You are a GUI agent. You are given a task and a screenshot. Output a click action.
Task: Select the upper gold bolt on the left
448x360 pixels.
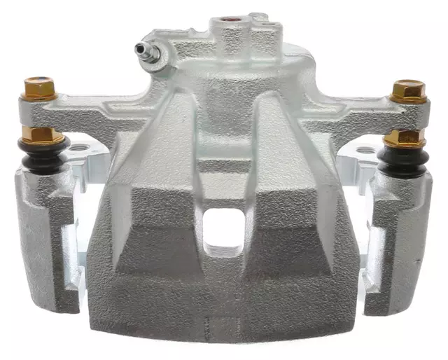pos(40,89)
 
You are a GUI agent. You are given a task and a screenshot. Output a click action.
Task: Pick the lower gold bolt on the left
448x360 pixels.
pos(41,134)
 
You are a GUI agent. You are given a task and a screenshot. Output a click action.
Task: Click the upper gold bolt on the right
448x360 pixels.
pos(407,91)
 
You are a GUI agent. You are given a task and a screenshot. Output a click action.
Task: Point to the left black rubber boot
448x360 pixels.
pos(44,155)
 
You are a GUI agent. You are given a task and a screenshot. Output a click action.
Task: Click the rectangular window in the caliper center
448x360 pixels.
pos(224,231)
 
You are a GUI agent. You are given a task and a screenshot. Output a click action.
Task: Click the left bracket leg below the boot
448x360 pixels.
pos(46,238)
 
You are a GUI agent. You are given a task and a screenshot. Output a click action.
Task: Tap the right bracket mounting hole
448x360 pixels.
pos(365,150)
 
